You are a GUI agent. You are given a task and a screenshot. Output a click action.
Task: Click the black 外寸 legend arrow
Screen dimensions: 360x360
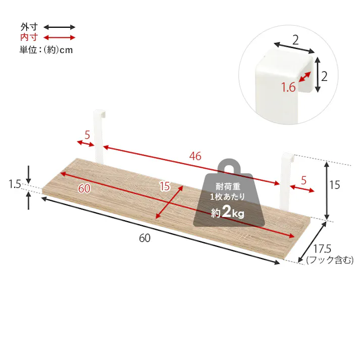(59, 27)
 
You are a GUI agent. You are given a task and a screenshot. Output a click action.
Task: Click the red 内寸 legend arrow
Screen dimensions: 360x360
(59, 38)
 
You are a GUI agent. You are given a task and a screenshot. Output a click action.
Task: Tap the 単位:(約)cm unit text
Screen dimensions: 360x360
(46, 49)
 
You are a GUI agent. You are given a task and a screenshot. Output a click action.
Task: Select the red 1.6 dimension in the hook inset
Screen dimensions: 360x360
(288, 88)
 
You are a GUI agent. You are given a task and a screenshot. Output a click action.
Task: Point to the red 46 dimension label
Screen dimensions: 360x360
(195, 156)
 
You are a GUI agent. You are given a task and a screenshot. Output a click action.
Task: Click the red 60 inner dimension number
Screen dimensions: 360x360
(84, 188)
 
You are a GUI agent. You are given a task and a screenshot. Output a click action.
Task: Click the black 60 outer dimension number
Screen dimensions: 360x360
(145, 238)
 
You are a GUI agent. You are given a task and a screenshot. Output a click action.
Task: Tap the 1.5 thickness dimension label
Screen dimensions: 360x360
(15, 185)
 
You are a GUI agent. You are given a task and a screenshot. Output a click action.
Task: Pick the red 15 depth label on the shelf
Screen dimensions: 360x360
(165, 186)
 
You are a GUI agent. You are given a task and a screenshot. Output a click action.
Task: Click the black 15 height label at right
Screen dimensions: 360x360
(334, 185)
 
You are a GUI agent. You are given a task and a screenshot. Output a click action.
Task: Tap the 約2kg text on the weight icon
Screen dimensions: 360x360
(228, 213)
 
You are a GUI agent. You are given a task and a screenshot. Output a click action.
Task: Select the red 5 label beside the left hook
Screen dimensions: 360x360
(87, 135)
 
